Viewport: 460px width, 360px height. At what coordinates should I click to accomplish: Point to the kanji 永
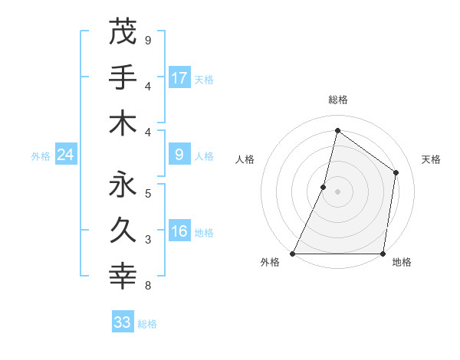(123, 184)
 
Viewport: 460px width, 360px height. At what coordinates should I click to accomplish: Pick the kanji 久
(123, 230)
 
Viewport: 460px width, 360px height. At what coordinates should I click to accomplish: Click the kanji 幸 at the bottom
(123, 276)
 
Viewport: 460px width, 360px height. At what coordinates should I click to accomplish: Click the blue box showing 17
(179, 77)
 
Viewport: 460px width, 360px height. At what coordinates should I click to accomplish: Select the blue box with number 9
(179, 155)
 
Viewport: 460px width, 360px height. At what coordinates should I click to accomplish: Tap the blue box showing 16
(179, 232)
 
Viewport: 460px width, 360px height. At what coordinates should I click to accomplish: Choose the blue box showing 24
(65, 155)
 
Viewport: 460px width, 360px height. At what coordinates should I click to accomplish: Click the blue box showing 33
(122, 322)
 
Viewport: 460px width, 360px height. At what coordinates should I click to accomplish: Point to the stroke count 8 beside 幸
(147, 286)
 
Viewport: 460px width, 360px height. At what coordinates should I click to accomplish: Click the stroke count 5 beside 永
(147, 193)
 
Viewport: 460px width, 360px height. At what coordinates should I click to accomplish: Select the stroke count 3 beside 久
(147, 240)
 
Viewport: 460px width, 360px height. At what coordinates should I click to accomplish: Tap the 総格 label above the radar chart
(337, 100)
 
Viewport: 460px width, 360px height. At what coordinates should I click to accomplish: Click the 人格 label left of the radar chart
(245, 159)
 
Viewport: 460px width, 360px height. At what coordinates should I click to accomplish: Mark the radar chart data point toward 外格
(293, 254)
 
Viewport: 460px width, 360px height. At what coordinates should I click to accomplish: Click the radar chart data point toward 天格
(396, 172)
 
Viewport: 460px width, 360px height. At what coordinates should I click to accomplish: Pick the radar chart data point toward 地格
(383, 254)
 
